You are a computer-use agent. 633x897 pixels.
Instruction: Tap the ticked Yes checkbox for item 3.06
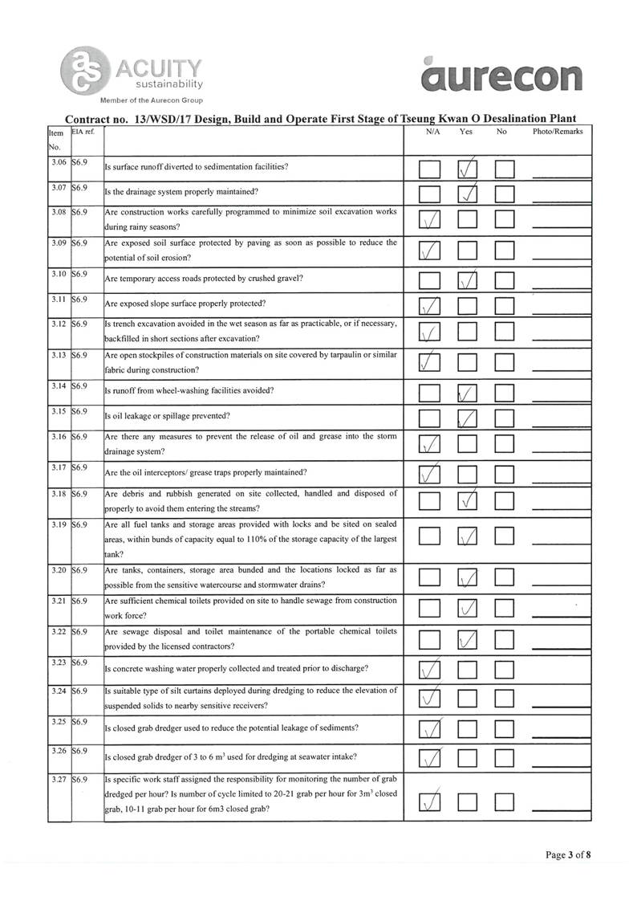click(x=468, y=170)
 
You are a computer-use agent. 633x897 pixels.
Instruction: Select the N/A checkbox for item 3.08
click(x=429, y=220)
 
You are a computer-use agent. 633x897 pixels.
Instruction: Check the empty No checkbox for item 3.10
click(x=504, y=281)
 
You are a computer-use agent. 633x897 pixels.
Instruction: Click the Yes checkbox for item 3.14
click(x=467, y=393)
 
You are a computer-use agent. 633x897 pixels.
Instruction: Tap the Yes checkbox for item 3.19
click(x=467, y=536)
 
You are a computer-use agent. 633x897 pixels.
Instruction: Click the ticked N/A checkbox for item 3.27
click(x=429, y=801)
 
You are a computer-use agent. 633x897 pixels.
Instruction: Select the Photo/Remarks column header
click(x=557, y=131)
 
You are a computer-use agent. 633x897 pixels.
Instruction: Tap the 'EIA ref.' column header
click(x=83, y=130)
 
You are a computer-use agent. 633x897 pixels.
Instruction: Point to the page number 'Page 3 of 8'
click(x=568, y=854)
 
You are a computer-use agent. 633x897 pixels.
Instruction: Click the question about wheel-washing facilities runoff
click(x=189, y=391)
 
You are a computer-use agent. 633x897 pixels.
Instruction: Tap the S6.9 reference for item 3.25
click(x=79, y=723)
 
